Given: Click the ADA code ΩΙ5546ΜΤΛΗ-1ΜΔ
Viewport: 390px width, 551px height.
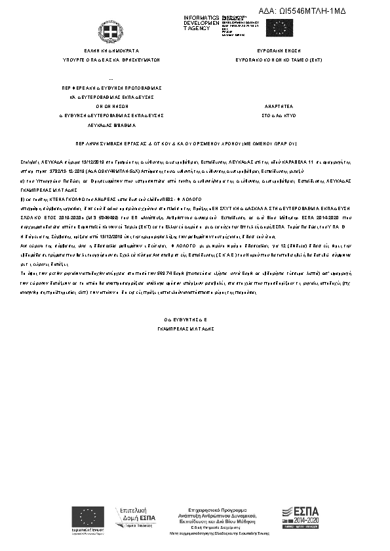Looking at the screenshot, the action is coord(321,12).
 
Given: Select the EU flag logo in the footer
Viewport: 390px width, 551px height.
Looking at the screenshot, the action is coord(88,516).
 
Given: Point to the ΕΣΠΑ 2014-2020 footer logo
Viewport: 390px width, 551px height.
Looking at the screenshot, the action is coord(303,516).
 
